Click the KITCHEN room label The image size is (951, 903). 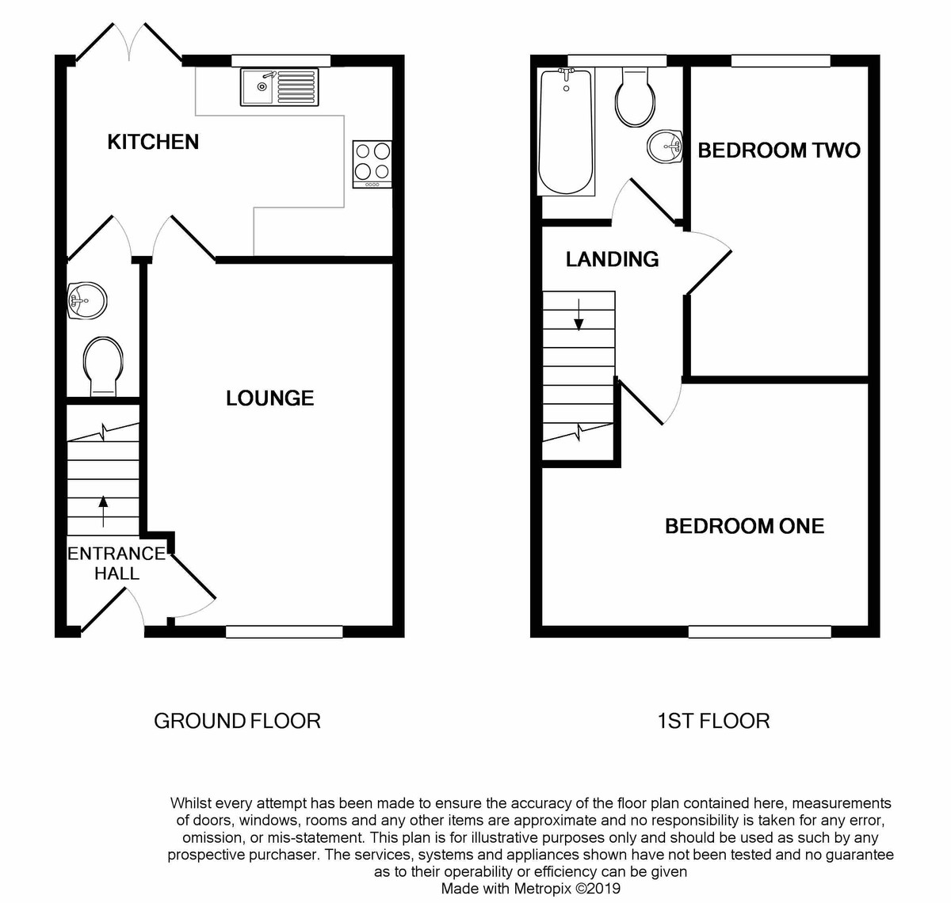coord(153,142)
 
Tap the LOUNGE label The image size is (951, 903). coord(269,398)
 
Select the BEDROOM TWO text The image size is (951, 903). coord(778,150)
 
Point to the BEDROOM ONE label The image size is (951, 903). coord(744,526)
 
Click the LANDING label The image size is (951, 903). coord(612,259)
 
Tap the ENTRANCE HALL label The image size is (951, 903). coord(116,563)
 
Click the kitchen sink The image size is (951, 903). coord(279,87)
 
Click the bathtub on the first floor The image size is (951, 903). coord(566,131)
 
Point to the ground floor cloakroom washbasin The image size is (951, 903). coord(86,301)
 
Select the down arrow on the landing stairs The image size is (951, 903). coord(579,314)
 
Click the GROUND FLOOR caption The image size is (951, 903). coord(237,721)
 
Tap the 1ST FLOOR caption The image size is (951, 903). coord(713,721)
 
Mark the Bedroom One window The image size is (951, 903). coord(759,631)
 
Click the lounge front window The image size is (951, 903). coord(284,631)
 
